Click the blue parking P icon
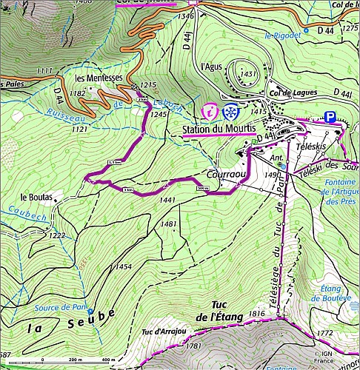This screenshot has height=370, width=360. (x=330, y=116)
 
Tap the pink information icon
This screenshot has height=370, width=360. (x=210, y=112)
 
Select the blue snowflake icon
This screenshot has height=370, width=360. (x=230, y=112)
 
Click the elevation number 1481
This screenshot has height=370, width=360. (x=170, y=224)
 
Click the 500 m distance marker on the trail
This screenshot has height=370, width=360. (x=204, y=189)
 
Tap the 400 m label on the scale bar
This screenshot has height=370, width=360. (x=108, y=360)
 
